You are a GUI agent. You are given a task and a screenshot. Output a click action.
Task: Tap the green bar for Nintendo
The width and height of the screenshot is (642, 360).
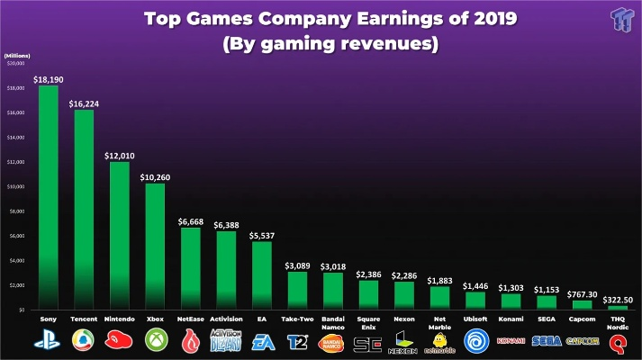(120, 235)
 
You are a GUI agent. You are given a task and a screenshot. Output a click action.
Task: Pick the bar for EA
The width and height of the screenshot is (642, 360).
(261, 274)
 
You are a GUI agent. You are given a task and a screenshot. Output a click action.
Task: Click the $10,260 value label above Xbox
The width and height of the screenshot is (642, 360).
(156, 177)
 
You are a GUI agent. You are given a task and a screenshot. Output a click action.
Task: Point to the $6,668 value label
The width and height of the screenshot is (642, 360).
(191, 221)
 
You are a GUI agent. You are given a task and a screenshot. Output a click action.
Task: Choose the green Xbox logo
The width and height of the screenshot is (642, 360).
(156, 341)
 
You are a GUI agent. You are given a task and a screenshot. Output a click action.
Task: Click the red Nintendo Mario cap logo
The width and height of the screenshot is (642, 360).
(120, 341)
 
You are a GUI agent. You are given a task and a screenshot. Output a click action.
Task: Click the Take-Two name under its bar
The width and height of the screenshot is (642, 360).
(297, 319)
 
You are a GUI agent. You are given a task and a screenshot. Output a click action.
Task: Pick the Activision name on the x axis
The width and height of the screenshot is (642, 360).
(226, 319)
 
